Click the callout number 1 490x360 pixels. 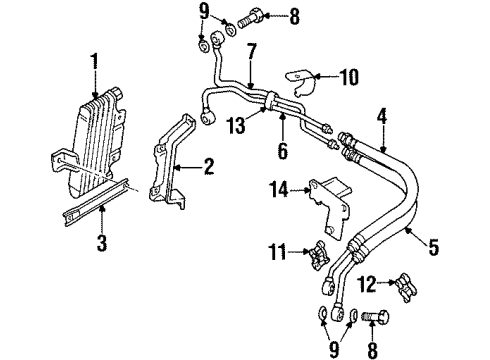[x=95, y=62]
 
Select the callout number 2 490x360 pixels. [x=209, y=166]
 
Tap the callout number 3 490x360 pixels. [x=102, y=243]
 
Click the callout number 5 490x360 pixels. [x=433, y=247]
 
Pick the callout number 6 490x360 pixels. [x=283, y=150]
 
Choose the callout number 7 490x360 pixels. [x=252, y=52]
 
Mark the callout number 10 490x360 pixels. [x=349, y=77]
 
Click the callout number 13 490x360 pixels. [x=236, y=125]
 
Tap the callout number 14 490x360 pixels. [x=279, y=189]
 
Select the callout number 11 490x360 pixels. [x=277, y=251]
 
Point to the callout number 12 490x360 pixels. [x=367, y=284]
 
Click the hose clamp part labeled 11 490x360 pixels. [x=319, y=256]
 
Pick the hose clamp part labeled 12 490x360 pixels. [x=406, y=288]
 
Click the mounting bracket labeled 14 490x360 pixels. [x=330, y=207]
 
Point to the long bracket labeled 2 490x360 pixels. [x=169, y=163]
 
